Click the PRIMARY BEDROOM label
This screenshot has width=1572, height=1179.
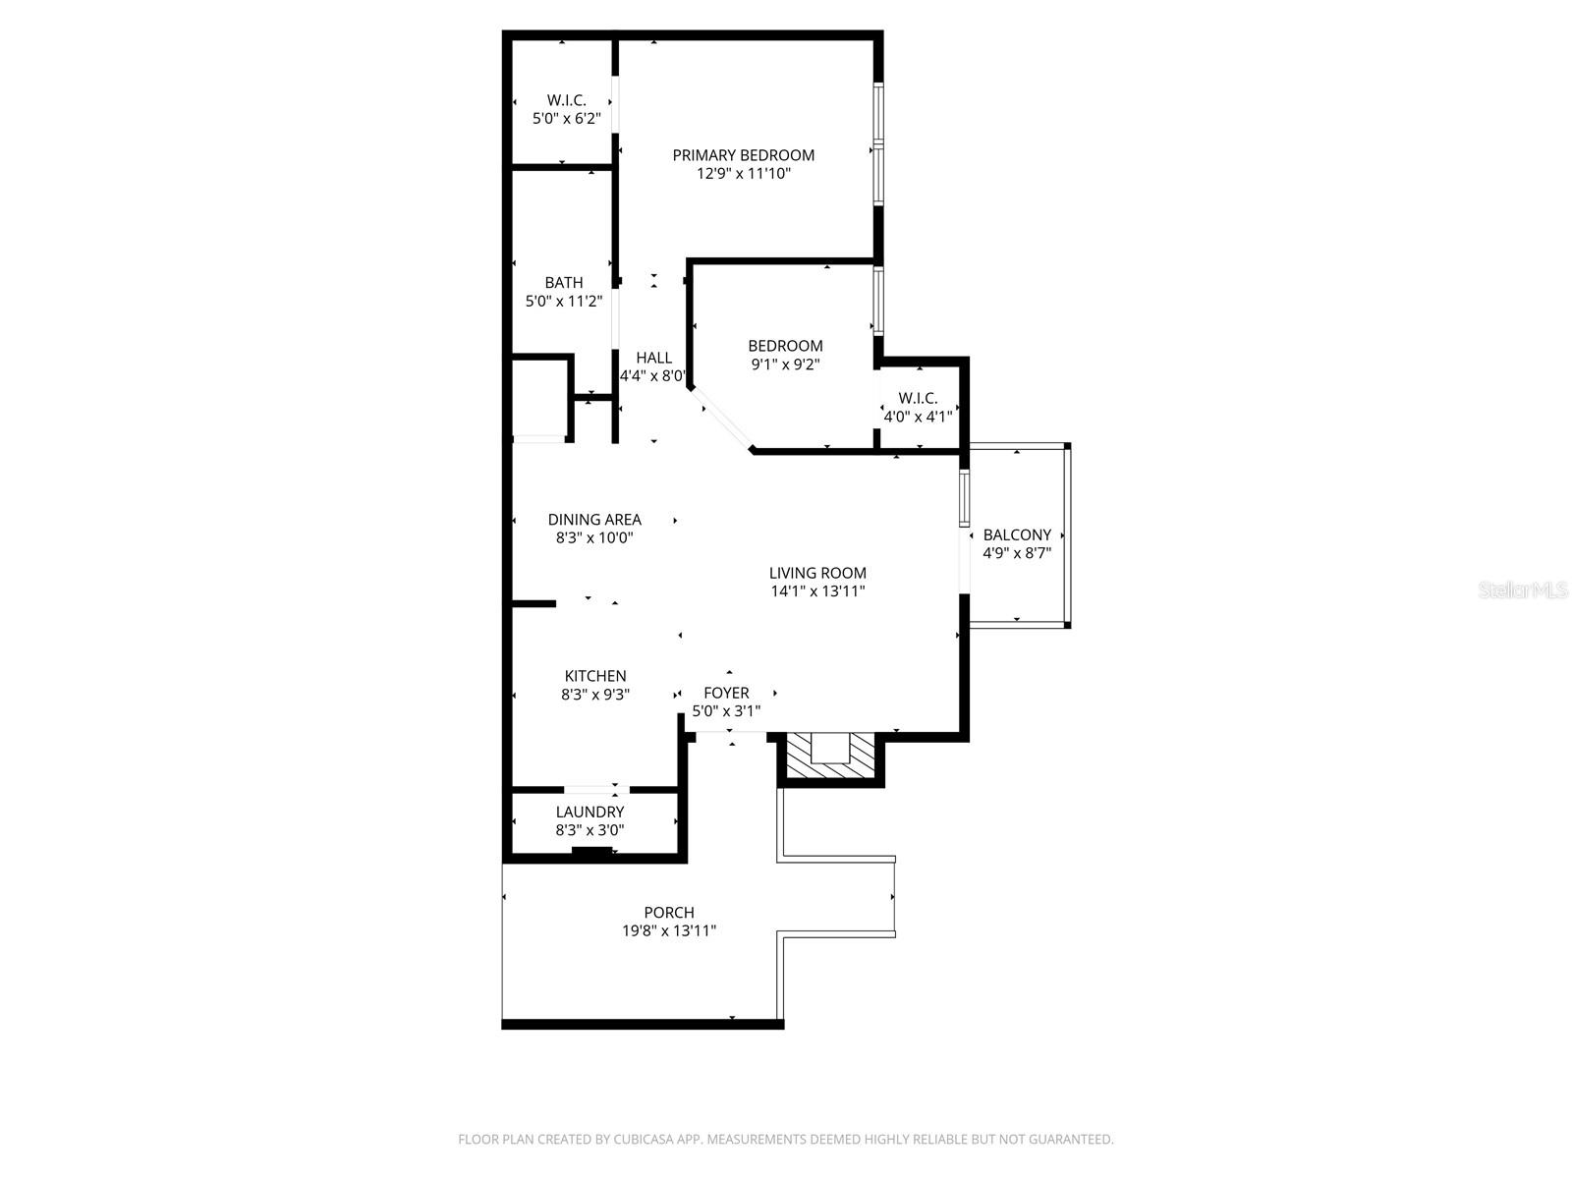pyautogui.click(x=743, y=155)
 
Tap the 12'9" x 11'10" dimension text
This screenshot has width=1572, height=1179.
pyautogui.click(x=744, y=174)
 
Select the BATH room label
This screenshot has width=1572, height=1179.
pyautogui.click(x=564, y=283)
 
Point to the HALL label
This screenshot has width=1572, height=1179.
pyautogui.click(x=653, y=358)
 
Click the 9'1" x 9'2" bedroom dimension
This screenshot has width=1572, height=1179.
pyautogui.click(x=785, y=365)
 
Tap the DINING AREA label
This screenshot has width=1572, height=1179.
pyautogui.click(x=594, y=520)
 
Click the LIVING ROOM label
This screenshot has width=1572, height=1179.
pyautogui.click(x=817, y=573)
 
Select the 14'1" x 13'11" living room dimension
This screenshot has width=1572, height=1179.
pyautogui.click(x=817, y=591)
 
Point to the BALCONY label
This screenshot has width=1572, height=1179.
pyautogui.click(x=1017, y=535)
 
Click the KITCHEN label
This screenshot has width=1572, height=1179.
pyautogui.click(x=595, y=676)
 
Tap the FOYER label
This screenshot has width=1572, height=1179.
pyautogui.click(x=726, y=693)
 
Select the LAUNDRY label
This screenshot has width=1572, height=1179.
pyautogui.click(x=589, y=812)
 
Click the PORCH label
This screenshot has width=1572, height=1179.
pyautogui.click(x=669, y=913)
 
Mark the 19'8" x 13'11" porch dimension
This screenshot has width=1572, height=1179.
pyautogui.click(x=669, y=931)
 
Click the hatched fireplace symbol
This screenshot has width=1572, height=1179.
pyautogui.click(x=831, y=758)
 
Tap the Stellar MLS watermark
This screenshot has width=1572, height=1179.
pyautogui.click(x=1523, y=590)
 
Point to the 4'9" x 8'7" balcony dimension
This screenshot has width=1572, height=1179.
pyautogui.click(x=1017, y=553)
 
